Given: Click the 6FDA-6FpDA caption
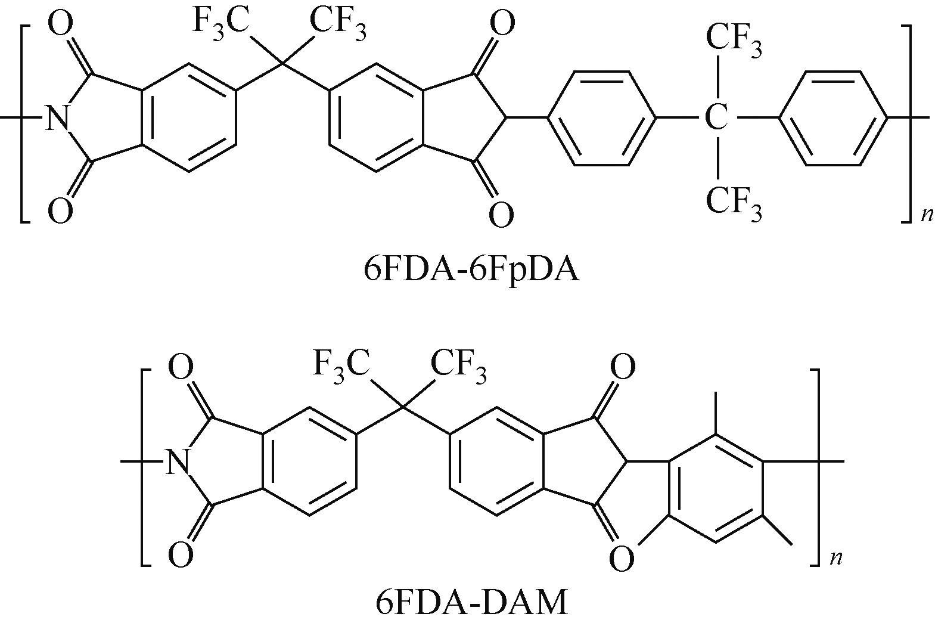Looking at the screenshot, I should click(471, 269).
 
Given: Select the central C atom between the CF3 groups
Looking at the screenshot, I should click(716, 118).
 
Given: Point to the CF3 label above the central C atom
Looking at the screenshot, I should click(734, 40).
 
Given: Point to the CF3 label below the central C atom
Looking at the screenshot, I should click(734, 202).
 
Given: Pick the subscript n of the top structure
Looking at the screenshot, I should click(927, 214).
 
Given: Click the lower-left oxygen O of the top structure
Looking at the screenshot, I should click(60, 211).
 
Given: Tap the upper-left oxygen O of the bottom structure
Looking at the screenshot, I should click(180, 367).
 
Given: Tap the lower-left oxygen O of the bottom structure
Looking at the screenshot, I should click(180, 554).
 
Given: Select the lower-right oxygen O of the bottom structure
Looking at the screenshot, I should click(622, 559).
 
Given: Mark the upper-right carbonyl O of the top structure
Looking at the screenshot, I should click(501, 24).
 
